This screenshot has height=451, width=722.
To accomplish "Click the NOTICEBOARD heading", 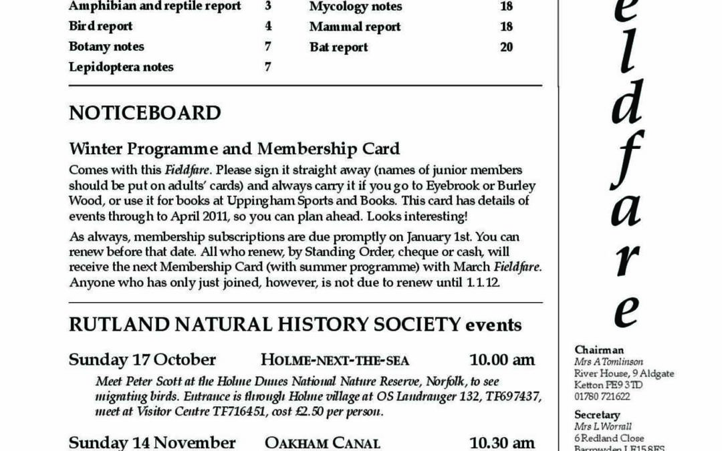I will [x=144, y=113].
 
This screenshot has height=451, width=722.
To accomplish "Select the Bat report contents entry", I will [x=338, y=47].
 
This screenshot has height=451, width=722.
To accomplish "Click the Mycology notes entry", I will [x=356, y=7].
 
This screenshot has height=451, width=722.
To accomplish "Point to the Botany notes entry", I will [x=106, y=47].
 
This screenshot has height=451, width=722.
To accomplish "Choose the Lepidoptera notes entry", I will [x=121, y=67].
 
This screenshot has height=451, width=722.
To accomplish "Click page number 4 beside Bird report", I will [x=268, y=27].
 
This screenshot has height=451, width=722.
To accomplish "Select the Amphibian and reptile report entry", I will [x=154, y=7].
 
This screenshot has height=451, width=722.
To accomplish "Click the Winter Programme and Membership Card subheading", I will [x=234, y=148].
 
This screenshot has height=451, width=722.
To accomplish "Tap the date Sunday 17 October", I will [x=142, y=359].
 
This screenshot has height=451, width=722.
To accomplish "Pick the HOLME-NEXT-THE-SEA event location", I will [x=335, y=360].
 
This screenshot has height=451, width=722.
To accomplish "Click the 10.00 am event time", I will [x=501, y=359].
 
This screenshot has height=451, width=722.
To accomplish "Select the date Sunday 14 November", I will [x=152, y=442].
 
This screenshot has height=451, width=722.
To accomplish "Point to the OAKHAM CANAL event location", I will [x=322, y=442].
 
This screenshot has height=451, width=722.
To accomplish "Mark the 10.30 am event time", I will [x=501, y=442].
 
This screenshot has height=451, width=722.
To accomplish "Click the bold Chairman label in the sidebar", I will [x=598, y=350].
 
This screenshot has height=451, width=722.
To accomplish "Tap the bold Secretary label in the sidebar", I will [x=597, y=415].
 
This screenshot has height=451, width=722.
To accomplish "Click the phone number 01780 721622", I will [x=602, y=396].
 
